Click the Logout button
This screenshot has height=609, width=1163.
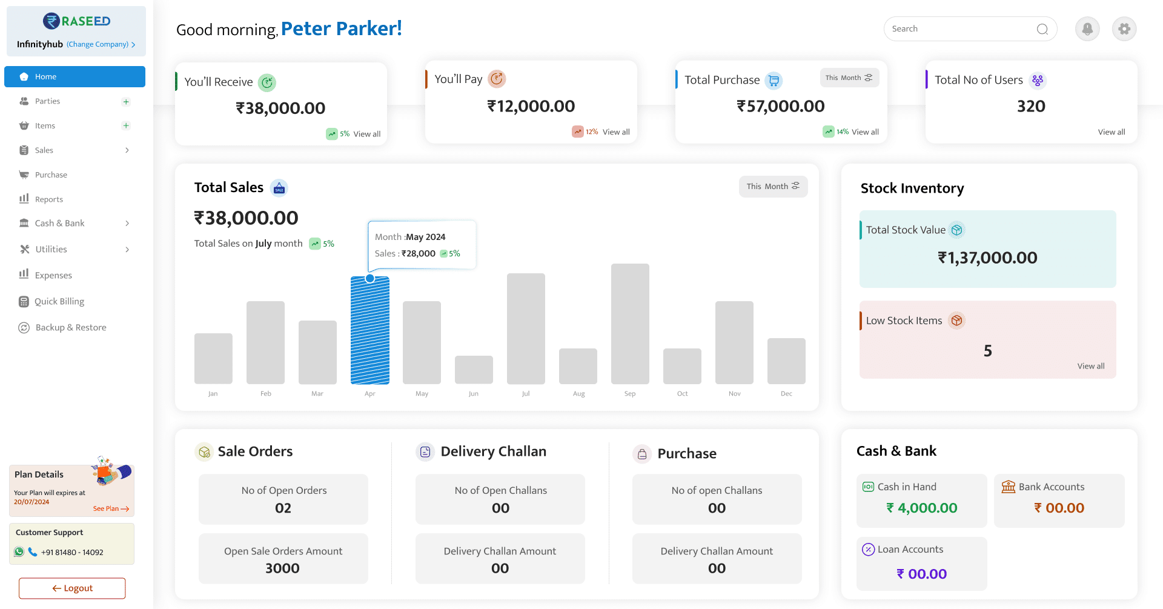pos(72,588)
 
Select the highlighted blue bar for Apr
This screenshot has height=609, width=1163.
pos(369,330)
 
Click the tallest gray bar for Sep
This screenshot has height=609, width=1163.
pos(630,324)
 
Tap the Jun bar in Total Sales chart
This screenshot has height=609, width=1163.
pos(474,370)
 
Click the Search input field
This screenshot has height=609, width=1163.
pos(960,28)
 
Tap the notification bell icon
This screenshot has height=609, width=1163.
pos(1087,28)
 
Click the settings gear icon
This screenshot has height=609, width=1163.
pos(1124,28)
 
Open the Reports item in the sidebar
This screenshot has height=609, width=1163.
pos(48,199)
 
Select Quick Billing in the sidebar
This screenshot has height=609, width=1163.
pos(59,301)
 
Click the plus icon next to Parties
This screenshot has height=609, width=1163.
pos(126,102)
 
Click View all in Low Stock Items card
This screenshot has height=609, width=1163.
pos(1090,366)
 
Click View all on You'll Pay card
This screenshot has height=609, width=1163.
pos(616,132)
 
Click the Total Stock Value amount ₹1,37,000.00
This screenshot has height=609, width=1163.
pos(987,258)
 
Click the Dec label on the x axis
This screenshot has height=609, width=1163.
pos(786,394)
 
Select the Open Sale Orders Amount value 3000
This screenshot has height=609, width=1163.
pos(282,568)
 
